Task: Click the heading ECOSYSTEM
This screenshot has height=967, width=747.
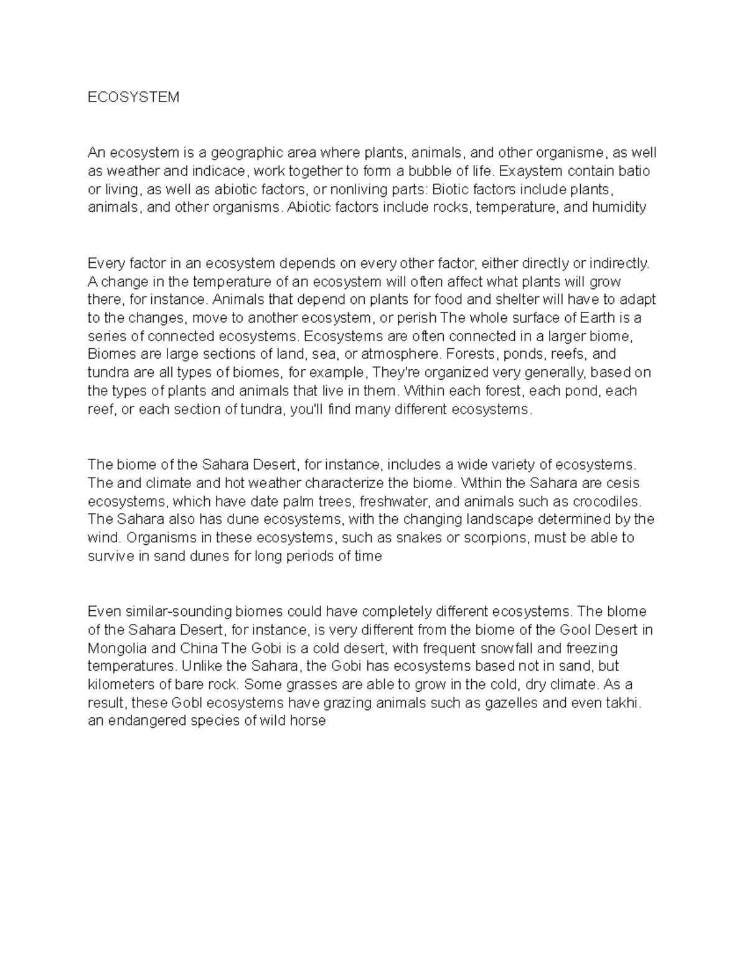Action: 133,97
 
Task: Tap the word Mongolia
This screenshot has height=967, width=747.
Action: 117,648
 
